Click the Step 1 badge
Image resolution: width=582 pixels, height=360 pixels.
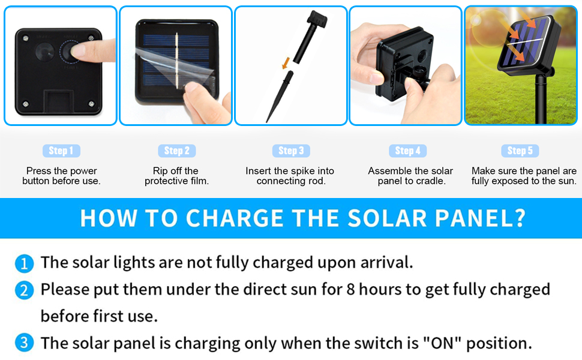click(x=61, y=151)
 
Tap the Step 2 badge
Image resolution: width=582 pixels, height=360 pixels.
click(x=176, y=151)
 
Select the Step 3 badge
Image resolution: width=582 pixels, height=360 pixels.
click(x=291, y=151)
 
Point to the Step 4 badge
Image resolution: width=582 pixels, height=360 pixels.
click(x=407, y=151)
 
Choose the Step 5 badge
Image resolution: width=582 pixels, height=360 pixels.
click(x=520, y=151)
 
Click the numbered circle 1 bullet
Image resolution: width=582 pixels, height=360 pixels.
click(x=23, y=263)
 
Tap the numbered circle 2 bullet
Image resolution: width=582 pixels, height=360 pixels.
click(x=23, y=290)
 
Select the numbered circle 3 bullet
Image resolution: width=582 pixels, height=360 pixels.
click(x=23, y=344)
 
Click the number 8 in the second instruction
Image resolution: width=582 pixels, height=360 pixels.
click(x=351, y=290)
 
